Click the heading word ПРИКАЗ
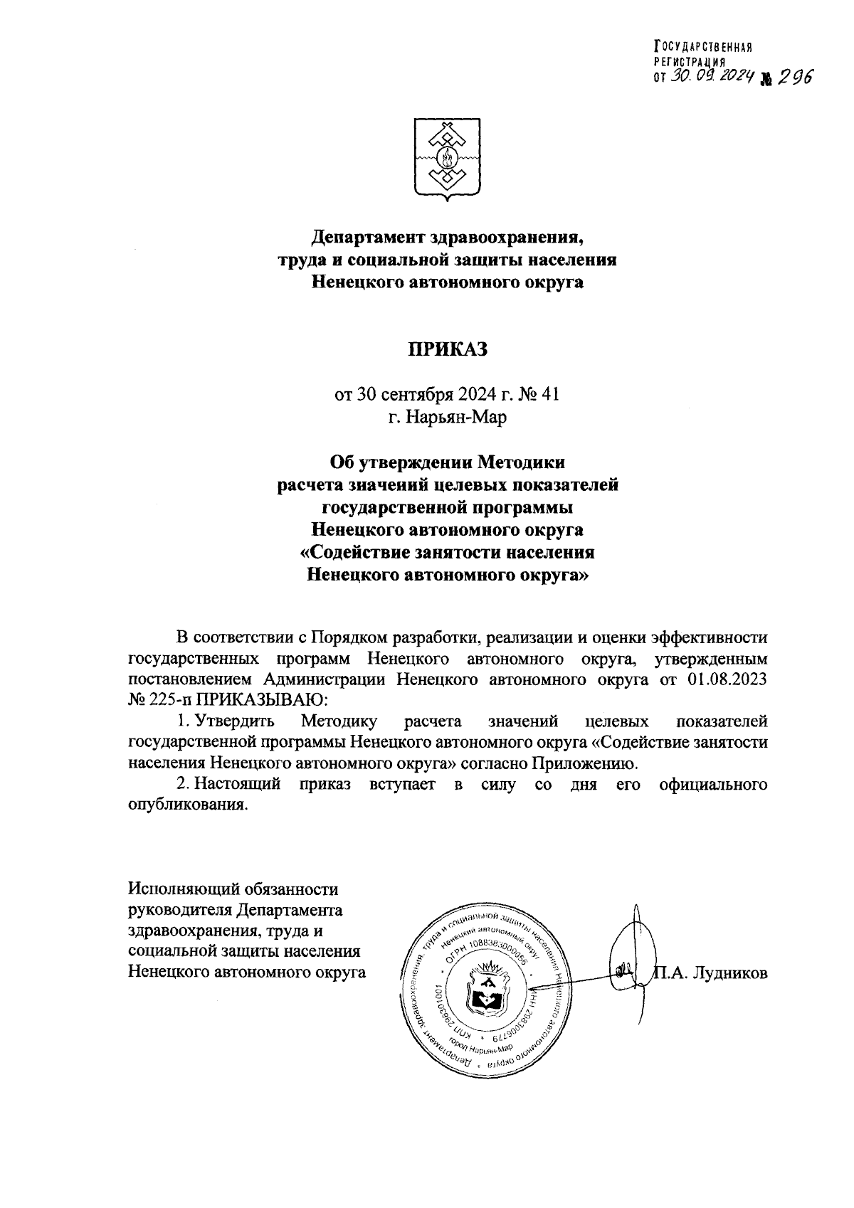coord(447,349)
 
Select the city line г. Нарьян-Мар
coord(447,417)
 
